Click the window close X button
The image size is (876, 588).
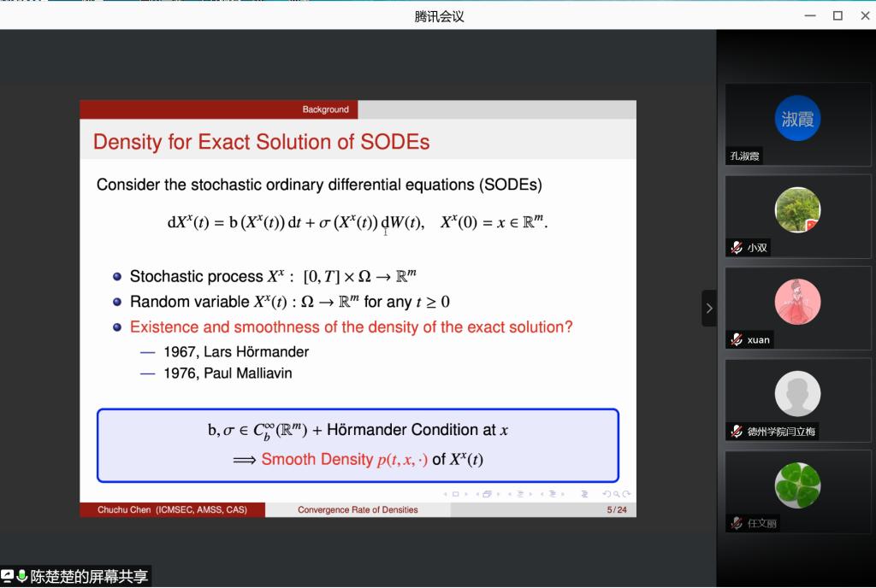pyautogui.click(x=865, y=15)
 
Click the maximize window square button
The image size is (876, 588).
pyautogui.click(x=838, y=15)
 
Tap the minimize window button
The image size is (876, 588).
pyautogui.click(x=810, y=15)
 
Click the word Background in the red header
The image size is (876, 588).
pyautogui.click(x=325, y=109)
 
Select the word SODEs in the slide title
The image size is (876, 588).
pyautogui.click(x=394, y=142)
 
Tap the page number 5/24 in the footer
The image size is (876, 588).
pyautogui.click(x=617, y=510)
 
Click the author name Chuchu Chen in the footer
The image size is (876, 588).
pyautogui.click(x=124, y=510)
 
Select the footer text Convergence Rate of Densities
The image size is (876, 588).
pyautogui.click(x=358, y=510)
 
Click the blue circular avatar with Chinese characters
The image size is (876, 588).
pyautogui.click(x=797, y=118)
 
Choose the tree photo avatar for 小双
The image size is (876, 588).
pyautogui.click(x=797, y=209)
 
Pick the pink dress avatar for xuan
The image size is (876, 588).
pyautogui.click(x=797, y=302)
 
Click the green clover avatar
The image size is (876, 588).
pyautogui.click(x=797, y=485)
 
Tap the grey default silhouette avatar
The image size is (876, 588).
pyautogui.click(x=797, y=394)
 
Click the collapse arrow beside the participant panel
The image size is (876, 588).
pyautogui.click(x=709, y=308)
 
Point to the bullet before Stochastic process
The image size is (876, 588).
pyautogui.click(x=116, y=277)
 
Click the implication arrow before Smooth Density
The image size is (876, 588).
pyautogui.click(x=245, y=461)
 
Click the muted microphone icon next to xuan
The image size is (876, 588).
pyautogui.click(x=737, y=339)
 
